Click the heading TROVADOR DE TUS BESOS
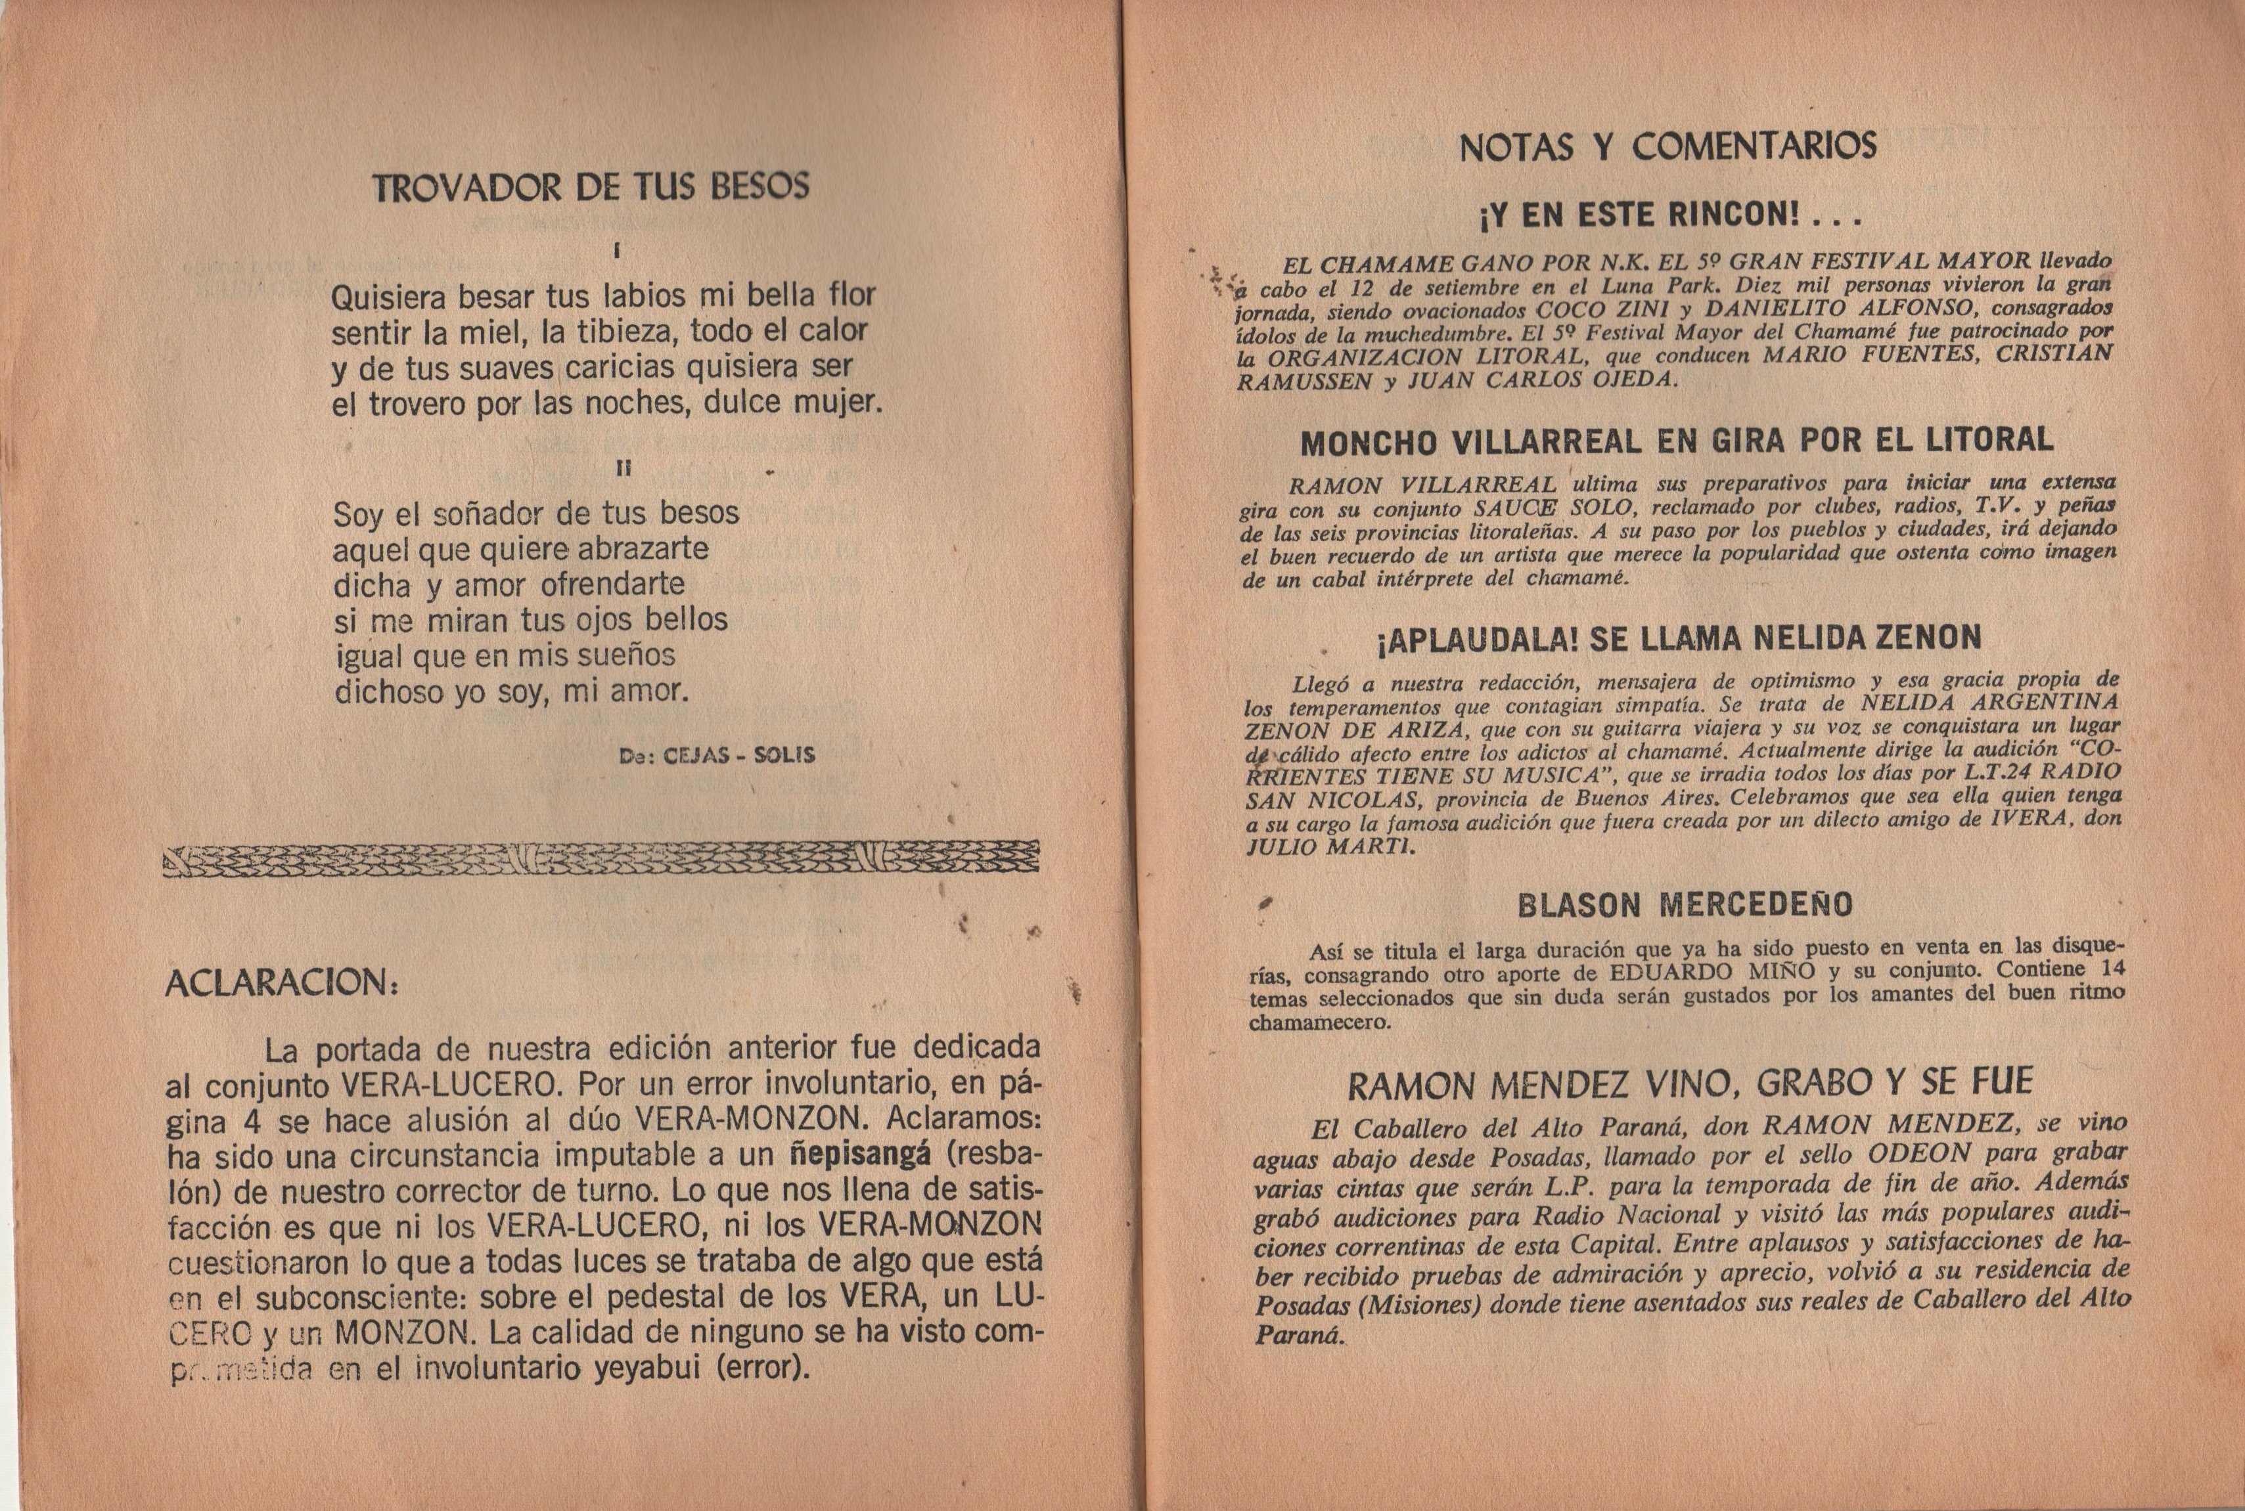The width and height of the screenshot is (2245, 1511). (590, 187)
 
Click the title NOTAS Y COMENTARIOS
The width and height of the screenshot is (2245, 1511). (1667, 146)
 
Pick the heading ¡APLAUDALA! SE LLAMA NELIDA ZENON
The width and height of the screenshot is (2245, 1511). (1678, 638)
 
